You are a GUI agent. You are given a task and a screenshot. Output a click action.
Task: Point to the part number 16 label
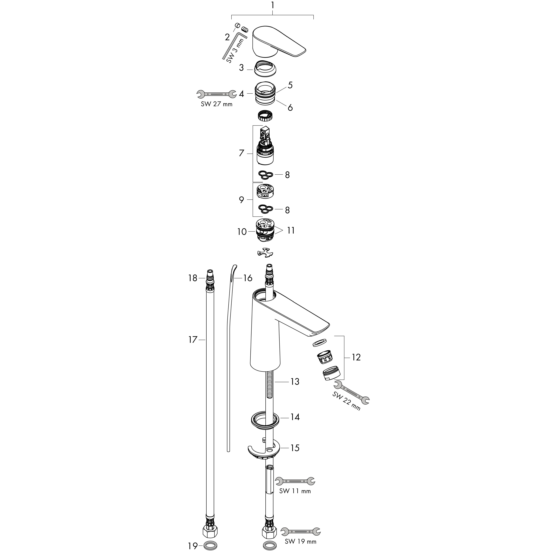248,278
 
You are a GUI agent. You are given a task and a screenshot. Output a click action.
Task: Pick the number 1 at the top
272,5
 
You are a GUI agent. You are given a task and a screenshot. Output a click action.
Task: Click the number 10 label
242,232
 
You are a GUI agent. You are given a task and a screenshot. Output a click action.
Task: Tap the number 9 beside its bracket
241,200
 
